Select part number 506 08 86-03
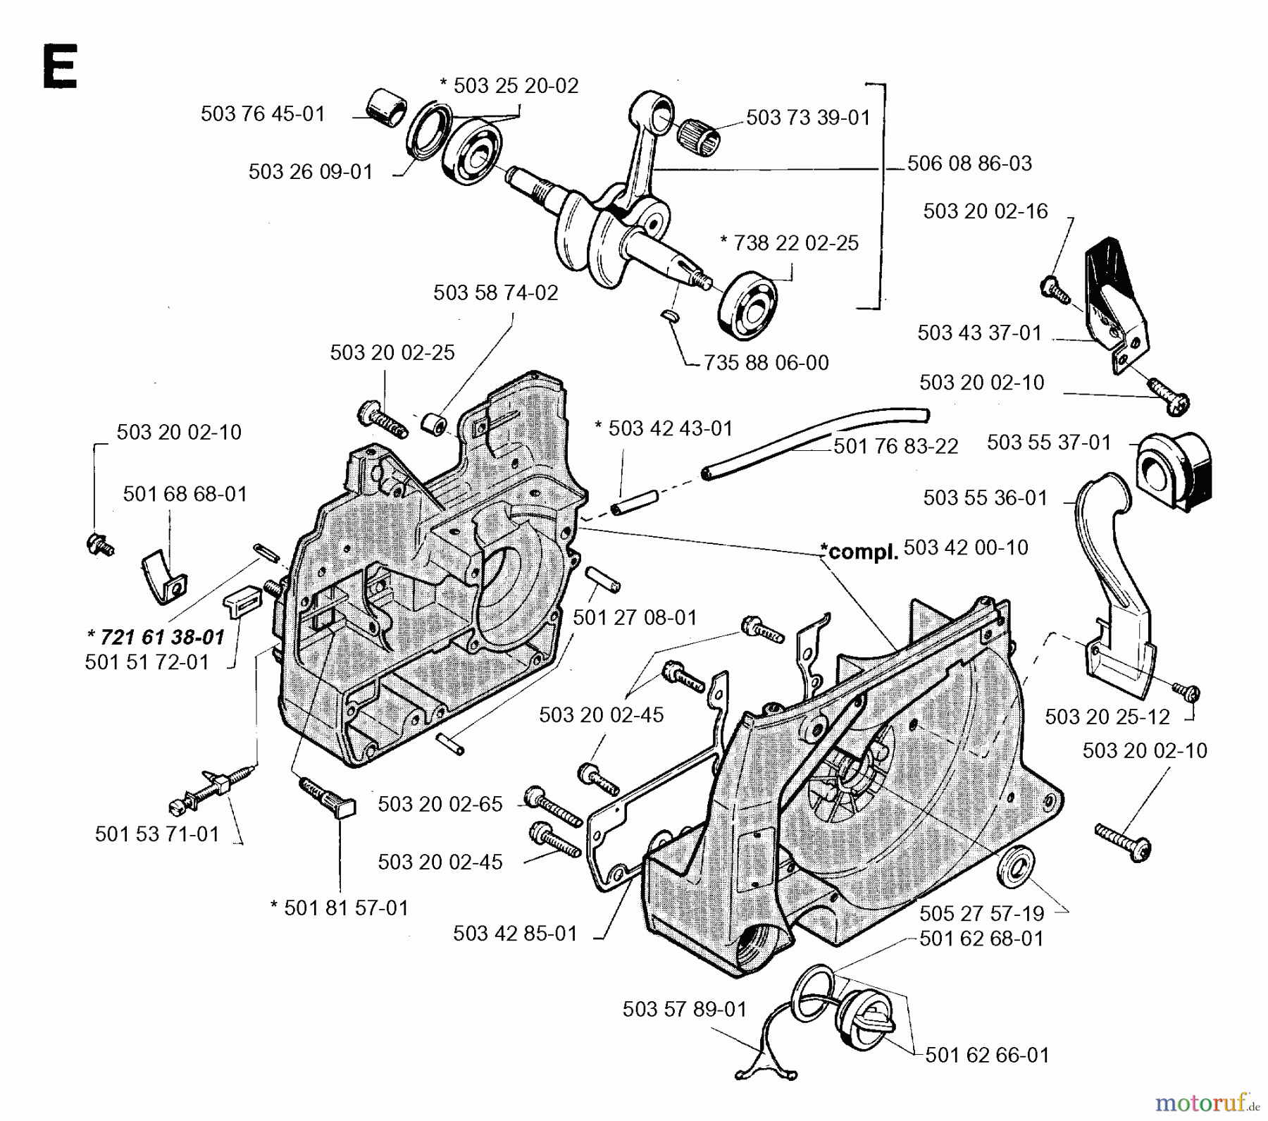[x=969, y=163]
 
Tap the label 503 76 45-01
[x=263, y=114]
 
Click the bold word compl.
[x=859, y=552]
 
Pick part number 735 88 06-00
[x=766, y=363]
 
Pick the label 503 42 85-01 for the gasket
[x=515, y=934]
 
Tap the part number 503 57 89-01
[x=684, y=1010]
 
